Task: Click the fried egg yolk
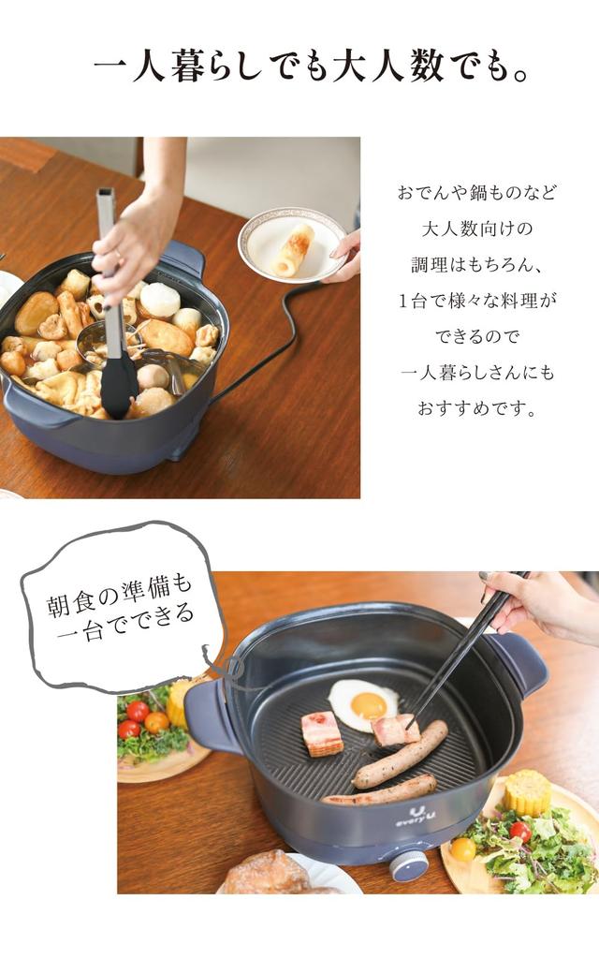point(369,704)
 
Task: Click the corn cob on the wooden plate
point(528,793)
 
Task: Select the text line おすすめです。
point(477,408)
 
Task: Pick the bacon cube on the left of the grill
point(322,732)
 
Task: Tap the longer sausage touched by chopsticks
point(400,754)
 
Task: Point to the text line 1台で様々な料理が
point(477,301)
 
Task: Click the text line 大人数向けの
point(477,229)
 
